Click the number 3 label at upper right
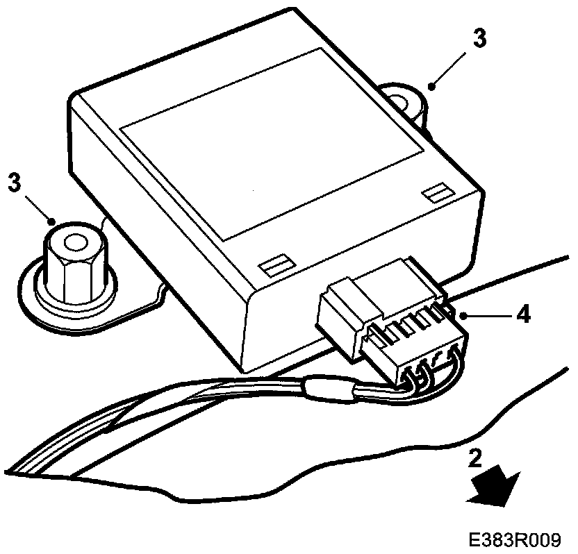click(x=480, y=39)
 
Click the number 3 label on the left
click(x=13, y=183)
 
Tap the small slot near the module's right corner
click(x=437, y=193)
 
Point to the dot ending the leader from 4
click(x=461, y=314)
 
